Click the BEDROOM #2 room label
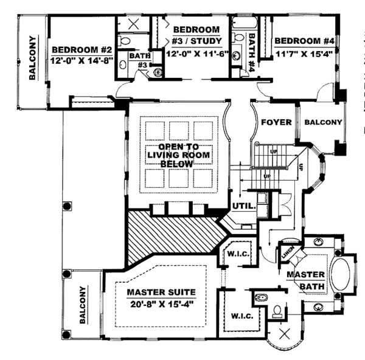(82, 50)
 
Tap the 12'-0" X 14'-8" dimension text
(82, 60)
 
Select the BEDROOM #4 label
(304, 41)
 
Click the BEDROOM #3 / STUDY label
(196, 35)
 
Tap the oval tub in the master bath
(341, 276)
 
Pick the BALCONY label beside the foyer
(323, 122)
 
